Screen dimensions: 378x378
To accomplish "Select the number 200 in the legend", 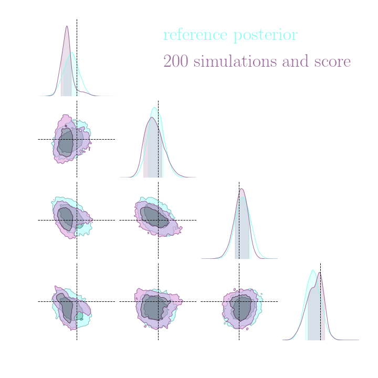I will (x=176, y=61).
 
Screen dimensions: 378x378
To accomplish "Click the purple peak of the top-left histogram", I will (x=67, y=26).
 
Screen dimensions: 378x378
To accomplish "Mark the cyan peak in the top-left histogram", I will (x=72, y=53).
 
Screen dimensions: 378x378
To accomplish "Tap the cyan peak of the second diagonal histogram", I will (x=155, y=108).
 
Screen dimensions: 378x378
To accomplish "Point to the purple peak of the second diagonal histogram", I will (x=151, y=118).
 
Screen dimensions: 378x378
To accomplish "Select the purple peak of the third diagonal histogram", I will (x=241, y=188).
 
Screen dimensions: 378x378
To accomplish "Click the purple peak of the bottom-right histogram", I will (x=319, y=272).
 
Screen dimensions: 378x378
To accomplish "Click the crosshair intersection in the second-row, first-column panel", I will (x=77, y=139).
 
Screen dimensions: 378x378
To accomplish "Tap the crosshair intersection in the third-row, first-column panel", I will (x=77, y=220).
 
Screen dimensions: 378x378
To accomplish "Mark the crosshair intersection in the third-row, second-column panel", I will (x=158, y=220).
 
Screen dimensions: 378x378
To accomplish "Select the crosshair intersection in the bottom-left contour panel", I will (x=77, y=301).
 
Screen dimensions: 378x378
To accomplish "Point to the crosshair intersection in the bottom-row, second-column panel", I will (x=158, y=301).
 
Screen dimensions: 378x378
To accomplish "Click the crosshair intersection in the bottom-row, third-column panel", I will (x=239, y=301).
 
